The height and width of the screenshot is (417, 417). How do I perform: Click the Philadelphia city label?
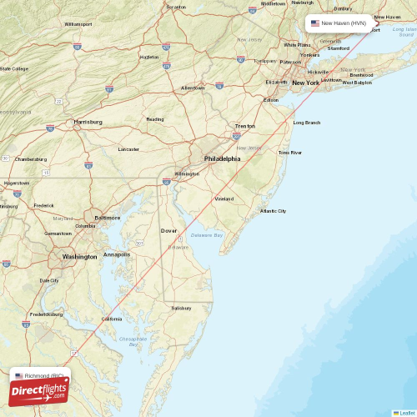click(222, 158)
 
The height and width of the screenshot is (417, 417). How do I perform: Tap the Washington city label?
click(79, 257)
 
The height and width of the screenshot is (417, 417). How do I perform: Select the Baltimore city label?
click(108, 217)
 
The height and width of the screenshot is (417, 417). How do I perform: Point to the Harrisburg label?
click(88, 122)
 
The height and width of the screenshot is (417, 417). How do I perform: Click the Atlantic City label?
click(273, 211)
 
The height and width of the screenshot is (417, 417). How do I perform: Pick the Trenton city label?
click(244, 126)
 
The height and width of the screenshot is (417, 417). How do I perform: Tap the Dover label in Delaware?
click(168, 230)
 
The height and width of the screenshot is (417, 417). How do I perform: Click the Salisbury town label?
click(182, 308)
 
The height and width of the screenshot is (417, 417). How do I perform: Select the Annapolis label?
click(117, 254)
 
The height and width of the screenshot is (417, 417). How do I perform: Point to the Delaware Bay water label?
click(207, 236)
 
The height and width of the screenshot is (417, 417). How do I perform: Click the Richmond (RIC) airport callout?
click(42, 376)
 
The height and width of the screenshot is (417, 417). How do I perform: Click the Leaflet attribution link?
click(404, 413)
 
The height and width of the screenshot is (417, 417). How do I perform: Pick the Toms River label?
click(290, 153)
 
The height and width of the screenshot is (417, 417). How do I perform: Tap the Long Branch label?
click(306, 123)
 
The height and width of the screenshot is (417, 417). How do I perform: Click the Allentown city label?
click(193, 88)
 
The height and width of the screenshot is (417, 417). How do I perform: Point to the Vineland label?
click(224, 198)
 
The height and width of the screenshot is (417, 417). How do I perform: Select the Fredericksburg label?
click(47, 314)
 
